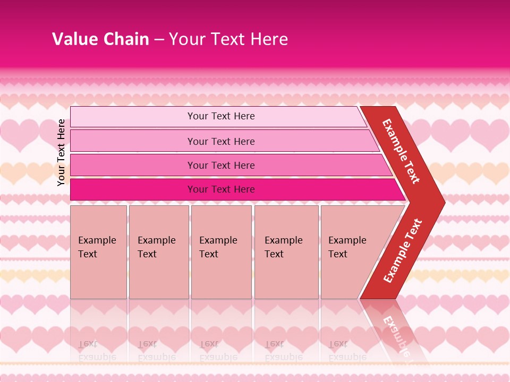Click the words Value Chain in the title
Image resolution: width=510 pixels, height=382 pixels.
point(100,39)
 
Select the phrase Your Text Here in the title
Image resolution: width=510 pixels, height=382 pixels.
point(228,39)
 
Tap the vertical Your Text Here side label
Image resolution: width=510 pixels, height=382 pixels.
point(61,152)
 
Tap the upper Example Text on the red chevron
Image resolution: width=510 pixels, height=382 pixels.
point(401,151)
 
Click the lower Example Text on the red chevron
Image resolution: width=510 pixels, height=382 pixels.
point(403,250)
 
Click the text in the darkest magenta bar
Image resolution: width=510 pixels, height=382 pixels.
point(221,189)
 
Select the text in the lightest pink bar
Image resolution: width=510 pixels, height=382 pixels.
point(221,116)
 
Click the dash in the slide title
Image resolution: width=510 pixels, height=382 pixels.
point(159,39)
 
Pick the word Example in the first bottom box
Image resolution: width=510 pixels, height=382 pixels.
point(97,240)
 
